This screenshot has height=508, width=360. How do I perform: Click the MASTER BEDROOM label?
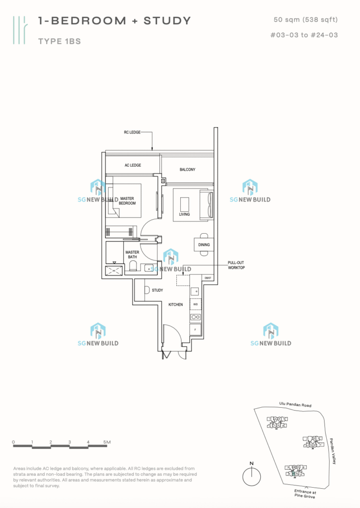(127, 201)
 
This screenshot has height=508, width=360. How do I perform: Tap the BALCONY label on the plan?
(187, 170)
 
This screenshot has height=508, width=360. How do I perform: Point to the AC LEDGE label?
(132, 165)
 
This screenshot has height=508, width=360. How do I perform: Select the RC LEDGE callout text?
(133, 133)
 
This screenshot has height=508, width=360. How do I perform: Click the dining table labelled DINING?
(204, 245)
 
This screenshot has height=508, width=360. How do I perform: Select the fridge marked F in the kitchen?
(196, 329)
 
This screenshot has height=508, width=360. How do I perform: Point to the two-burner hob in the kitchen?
(196, 317)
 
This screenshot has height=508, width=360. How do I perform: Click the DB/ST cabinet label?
(208, 278)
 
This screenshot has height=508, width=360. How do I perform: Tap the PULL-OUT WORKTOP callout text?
(236, 265)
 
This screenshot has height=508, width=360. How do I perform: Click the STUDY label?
(157, 291)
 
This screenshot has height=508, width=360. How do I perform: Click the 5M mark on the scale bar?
(107, 442)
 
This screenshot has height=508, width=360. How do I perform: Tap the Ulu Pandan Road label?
(292, 405)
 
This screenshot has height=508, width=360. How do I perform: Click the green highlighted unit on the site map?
(294, 474)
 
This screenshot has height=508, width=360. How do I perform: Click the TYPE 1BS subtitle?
(59, 42)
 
